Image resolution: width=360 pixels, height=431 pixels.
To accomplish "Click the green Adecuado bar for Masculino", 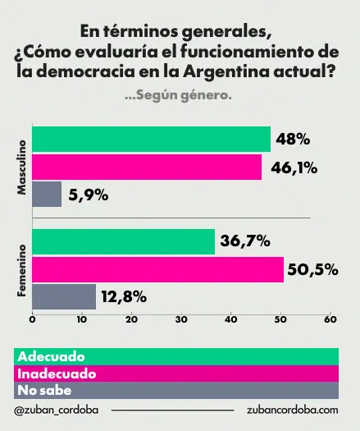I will click(151, 140).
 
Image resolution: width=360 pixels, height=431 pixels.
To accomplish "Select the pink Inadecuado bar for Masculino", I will click(147, 167).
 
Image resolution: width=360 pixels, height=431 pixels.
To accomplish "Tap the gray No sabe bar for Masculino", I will click(47, 194).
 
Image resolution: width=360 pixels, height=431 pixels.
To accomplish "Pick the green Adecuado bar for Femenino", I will click(123, 241).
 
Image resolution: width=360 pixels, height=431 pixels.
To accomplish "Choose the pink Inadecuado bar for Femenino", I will click(157, 268).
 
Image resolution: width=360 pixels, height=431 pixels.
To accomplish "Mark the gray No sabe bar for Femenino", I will click(64, 296).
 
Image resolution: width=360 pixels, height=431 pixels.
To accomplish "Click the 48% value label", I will click(294, 140).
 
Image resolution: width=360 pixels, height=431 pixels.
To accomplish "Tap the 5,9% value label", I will click(89, 195).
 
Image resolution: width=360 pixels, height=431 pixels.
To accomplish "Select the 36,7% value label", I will click(245, 241).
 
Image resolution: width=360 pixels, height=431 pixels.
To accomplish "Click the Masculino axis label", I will click(22, 167).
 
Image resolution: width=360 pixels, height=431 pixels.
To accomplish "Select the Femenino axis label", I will click(22, 269).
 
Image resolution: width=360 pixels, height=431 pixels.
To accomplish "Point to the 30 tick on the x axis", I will click(181, 320).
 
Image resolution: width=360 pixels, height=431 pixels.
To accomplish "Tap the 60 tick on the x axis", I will click(330, 320).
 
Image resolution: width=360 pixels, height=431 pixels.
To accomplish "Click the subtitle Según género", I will click(179, 95).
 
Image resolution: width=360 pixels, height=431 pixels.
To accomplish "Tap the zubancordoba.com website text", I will click(292, 410).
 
